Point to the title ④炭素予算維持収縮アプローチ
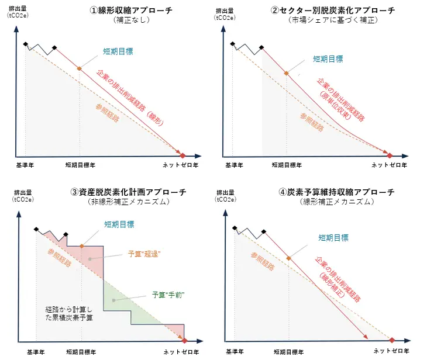(338, 192)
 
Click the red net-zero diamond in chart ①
(182, 155)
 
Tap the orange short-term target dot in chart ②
(287, 74)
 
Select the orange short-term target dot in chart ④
(288, 257)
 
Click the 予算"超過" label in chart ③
(144, 254)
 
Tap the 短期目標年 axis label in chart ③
(82, 352)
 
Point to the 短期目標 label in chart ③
(119, 224)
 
